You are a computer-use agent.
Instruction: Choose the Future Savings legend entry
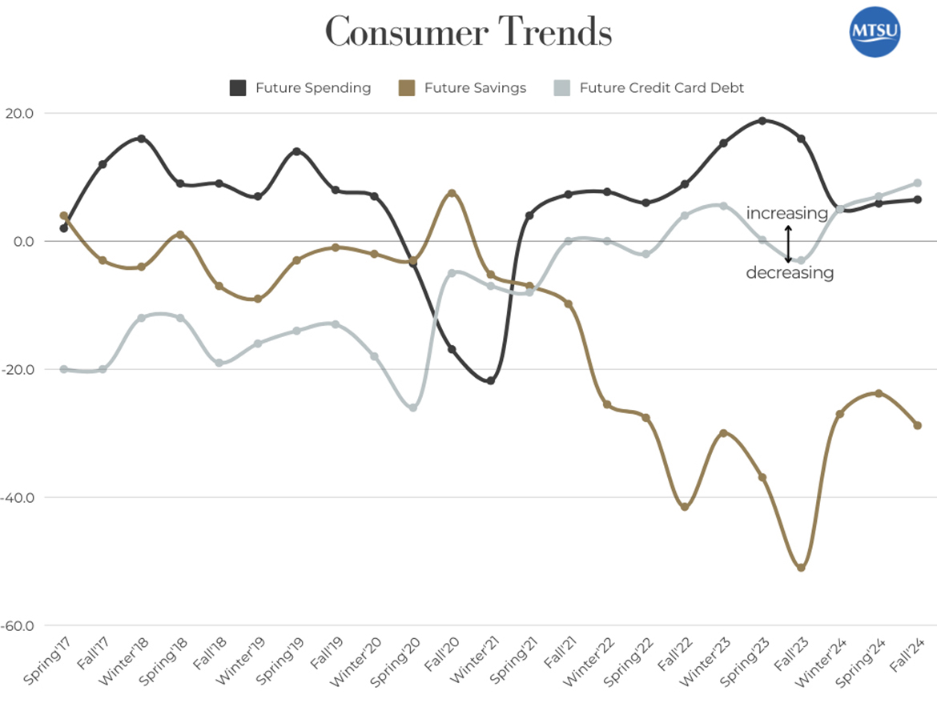tap(465, 88)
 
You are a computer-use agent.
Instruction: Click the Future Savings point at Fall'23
tap(801, 568)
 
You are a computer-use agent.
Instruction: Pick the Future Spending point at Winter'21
tap(490, 381)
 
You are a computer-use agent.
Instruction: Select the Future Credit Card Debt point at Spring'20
tap(413, 408)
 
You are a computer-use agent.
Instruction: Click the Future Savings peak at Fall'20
tap(452, 193)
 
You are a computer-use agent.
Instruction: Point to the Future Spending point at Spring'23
tap(762, 121)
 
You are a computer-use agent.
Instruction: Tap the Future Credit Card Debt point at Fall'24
tap(918, 183)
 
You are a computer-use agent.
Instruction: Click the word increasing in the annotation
tap(786, 214)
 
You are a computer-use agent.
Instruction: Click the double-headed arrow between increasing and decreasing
tap(788, 243)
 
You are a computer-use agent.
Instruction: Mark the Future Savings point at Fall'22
tap(685, 507)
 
